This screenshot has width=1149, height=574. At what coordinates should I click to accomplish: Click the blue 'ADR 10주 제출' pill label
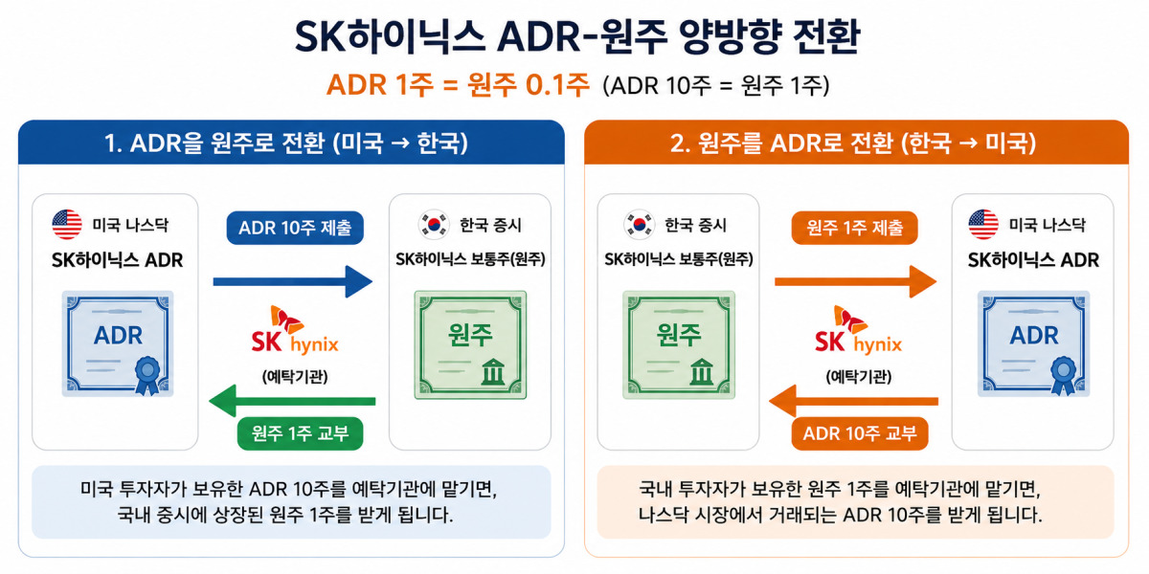[295, 228]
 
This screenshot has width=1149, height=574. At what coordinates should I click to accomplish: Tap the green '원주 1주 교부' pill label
[300, 433]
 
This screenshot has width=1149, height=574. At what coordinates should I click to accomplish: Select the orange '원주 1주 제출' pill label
[854, 228]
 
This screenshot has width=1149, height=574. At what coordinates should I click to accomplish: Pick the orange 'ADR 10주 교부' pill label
[860, 433]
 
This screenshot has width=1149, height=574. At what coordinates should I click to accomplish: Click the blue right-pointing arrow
[292, 281]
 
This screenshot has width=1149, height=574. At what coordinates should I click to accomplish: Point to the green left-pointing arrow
[292, 401]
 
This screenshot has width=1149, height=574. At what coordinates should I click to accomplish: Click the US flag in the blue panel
[67, 225]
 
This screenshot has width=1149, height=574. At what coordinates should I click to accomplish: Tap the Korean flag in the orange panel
[639, 225]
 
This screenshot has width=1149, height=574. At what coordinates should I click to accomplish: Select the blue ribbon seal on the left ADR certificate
[147, 375]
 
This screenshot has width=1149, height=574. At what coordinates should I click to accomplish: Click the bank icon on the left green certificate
[493, 371]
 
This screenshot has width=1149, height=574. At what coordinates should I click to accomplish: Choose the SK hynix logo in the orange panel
[858, 331]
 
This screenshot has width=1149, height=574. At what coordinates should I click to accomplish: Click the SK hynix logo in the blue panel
[295, 331]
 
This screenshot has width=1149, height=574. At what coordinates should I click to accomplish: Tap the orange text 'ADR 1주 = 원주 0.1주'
[458, 85]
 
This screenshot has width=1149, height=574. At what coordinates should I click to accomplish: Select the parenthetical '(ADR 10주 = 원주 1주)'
[716, 85]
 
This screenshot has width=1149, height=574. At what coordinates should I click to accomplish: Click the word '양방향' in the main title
[731, 37]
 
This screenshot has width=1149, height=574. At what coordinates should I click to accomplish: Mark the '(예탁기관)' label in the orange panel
[859, 377]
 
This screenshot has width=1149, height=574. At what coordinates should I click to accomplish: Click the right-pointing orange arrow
[856, 281]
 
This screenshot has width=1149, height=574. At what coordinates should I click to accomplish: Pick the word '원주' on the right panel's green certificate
[679, 335]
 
